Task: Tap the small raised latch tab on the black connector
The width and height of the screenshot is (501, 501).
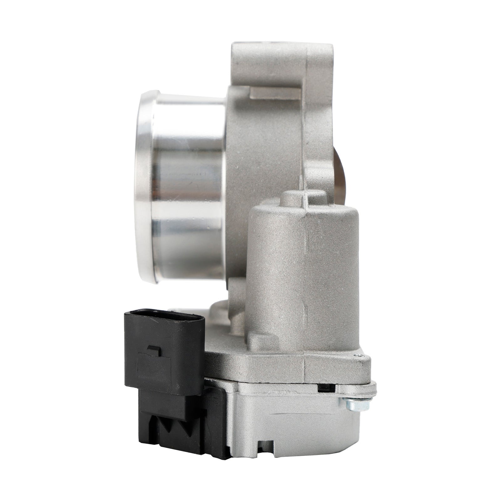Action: click(x=154, y=350)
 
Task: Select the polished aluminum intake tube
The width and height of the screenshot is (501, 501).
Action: click(x=188, y=188)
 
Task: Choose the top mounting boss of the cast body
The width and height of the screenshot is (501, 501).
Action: click(x=282, y=59)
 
